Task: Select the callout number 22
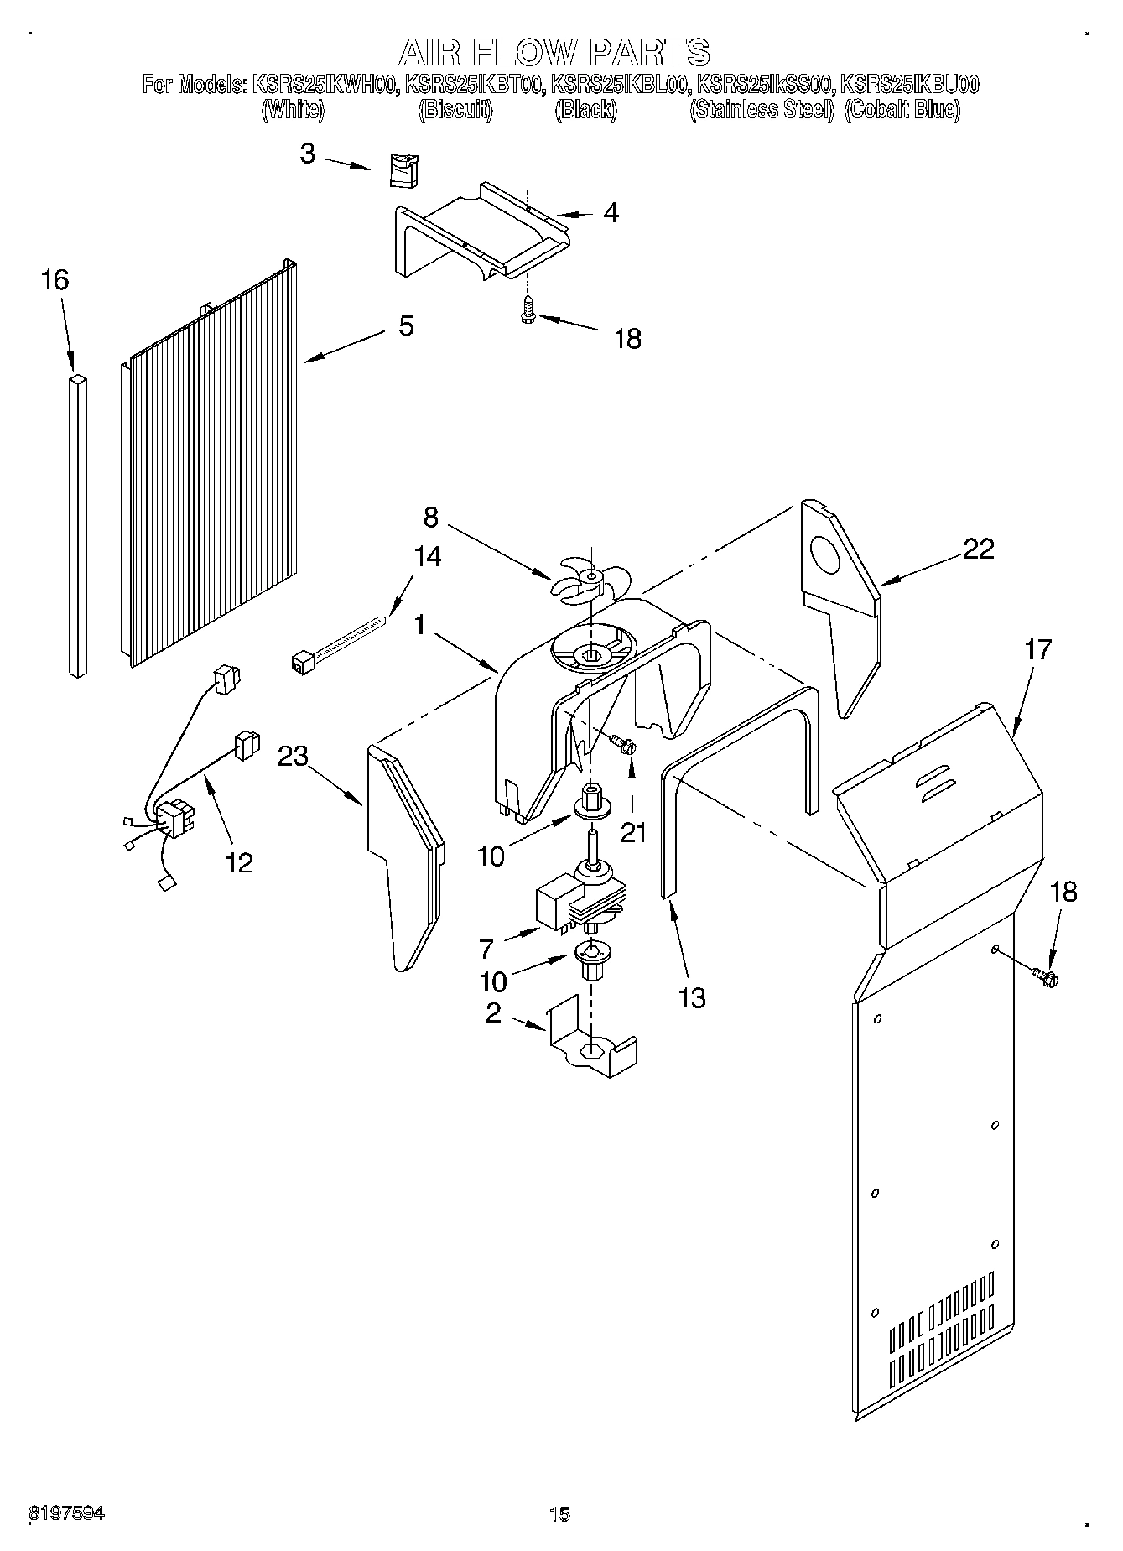pyautogui.click(x=978, y=549)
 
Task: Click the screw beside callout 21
pyautogui.click(x=622, y=743)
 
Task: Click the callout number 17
pyautogui.click(x=1037, y=650)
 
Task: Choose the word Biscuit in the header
pyautogui.click(x=455, y=110)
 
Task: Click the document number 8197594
pyautogui.click(x=67, y=1513)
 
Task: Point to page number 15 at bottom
pyautogui.click(x=559, y=1513)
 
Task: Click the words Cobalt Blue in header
pyautogui.click(x=902, y=110)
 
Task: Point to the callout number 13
pyautogui.click(x=692, y=997)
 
